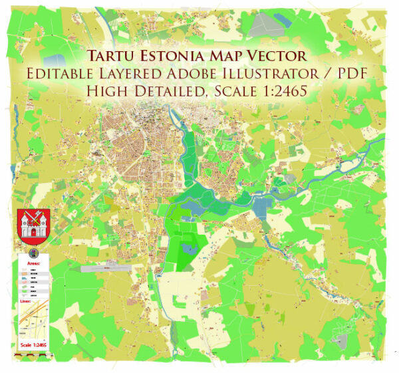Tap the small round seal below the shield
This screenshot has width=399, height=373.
pos(33,253)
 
